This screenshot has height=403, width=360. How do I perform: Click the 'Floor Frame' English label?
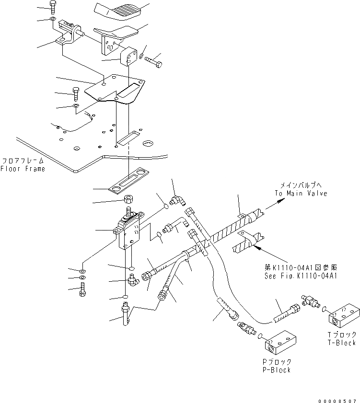23,169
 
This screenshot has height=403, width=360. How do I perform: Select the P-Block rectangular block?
281,343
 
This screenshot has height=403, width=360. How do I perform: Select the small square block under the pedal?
129,57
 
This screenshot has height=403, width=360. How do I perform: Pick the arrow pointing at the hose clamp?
258,247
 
